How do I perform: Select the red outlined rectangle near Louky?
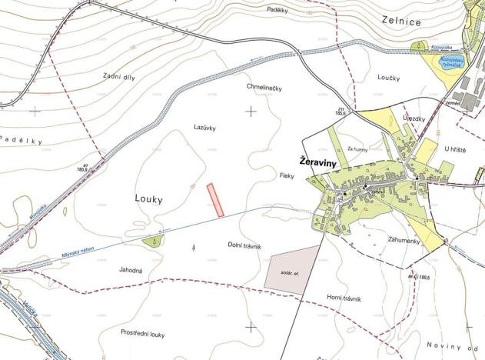[216, 200]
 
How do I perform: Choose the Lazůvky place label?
[205, 125]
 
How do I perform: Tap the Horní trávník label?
[344, 298]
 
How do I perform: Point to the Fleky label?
[287, 176]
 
